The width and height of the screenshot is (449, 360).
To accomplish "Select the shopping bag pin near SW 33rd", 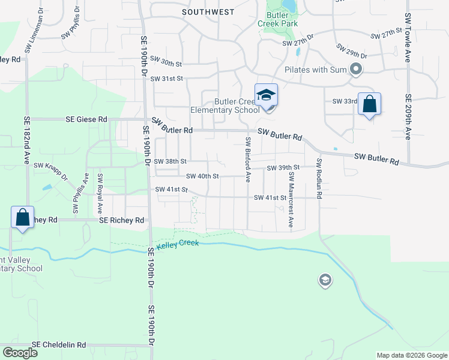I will [369, 104].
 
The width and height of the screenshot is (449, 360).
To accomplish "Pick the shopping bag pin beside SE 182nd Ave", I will [22, 218].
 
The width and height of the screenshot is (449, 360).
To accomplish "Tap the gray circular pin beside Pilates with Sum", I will [356, 70].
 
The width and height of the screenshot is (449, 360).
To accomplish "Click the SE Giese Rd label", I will [86, 119].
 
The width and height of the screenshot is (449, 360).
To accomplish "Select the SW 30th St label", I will [166, 62].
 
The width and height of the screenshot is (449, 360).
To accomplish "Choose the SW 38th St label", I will [170, 161].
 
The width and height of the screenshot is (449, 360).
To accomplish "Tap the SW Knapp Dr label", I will [51, 170].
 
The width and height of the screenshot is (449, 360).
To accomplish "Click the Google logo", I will [20, 353].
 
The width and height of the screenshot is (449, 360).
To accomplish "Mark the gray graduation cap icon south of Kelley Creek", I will [325, 280].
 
